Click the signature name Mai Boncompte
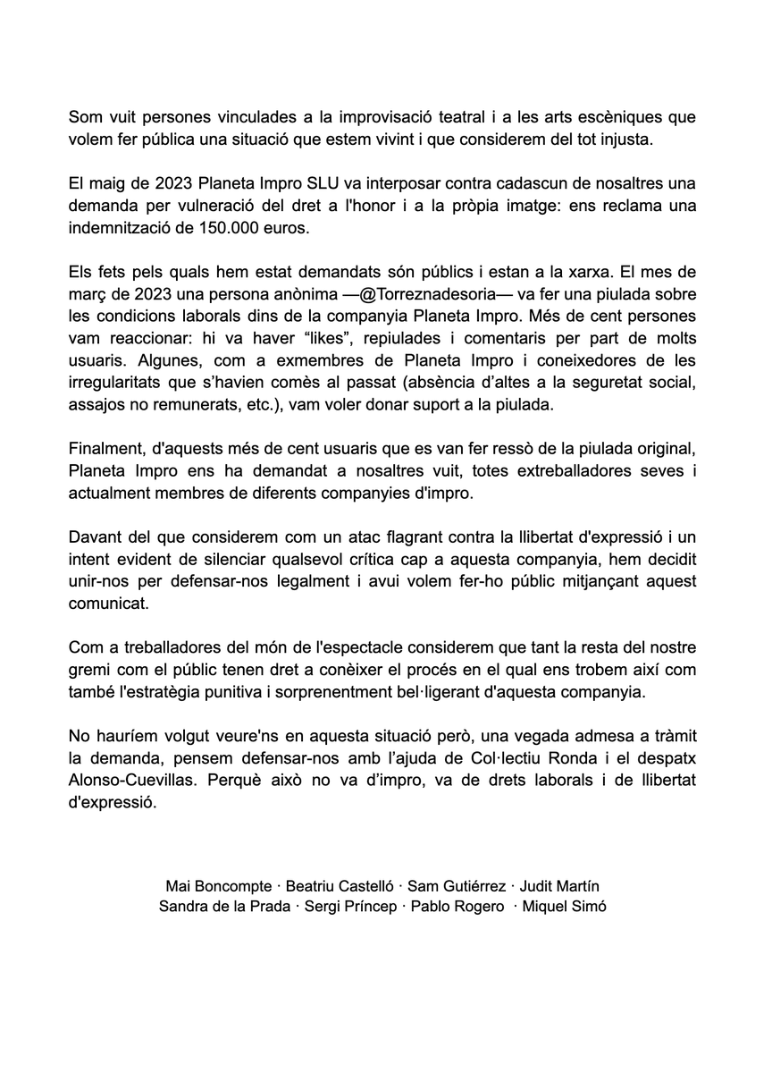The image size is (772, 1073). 218,886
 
